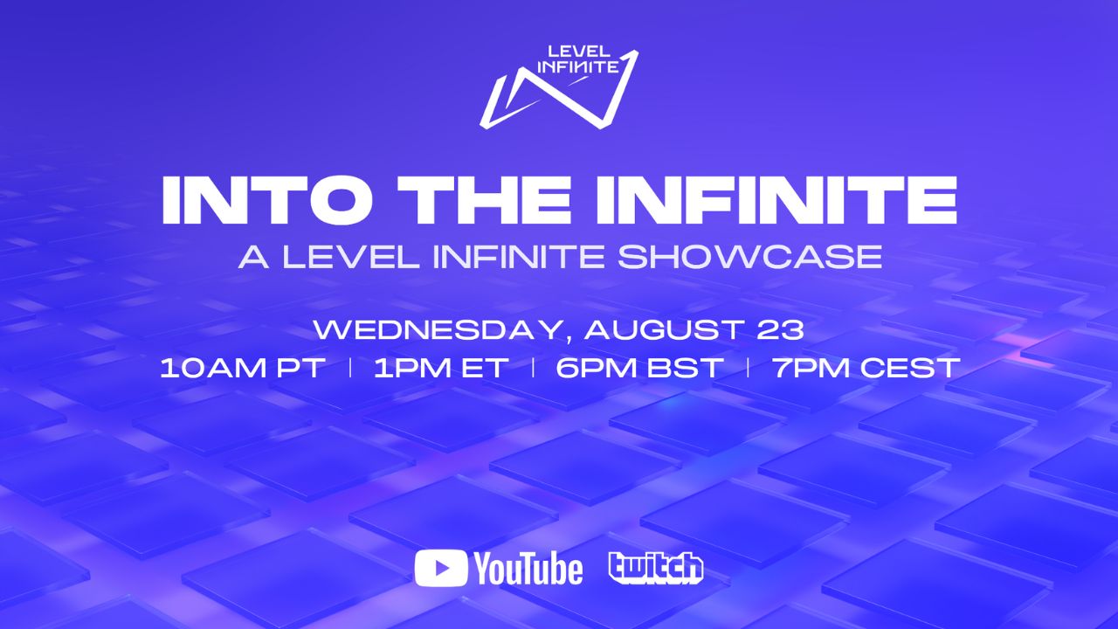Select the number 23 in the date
point(781,330)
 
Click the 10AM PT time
point(242,368)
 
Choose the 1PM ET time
point(440,368)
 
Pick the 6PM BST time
point(639,368)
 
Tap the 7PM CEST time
point(866,368)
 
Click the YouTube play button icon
point(441,569)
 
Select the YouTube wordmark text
point(528,569)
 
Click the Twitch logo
point(655,568)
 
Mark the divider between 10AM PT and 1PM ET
point(350,368)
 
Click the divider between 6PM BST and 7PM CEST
point(748,368)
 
